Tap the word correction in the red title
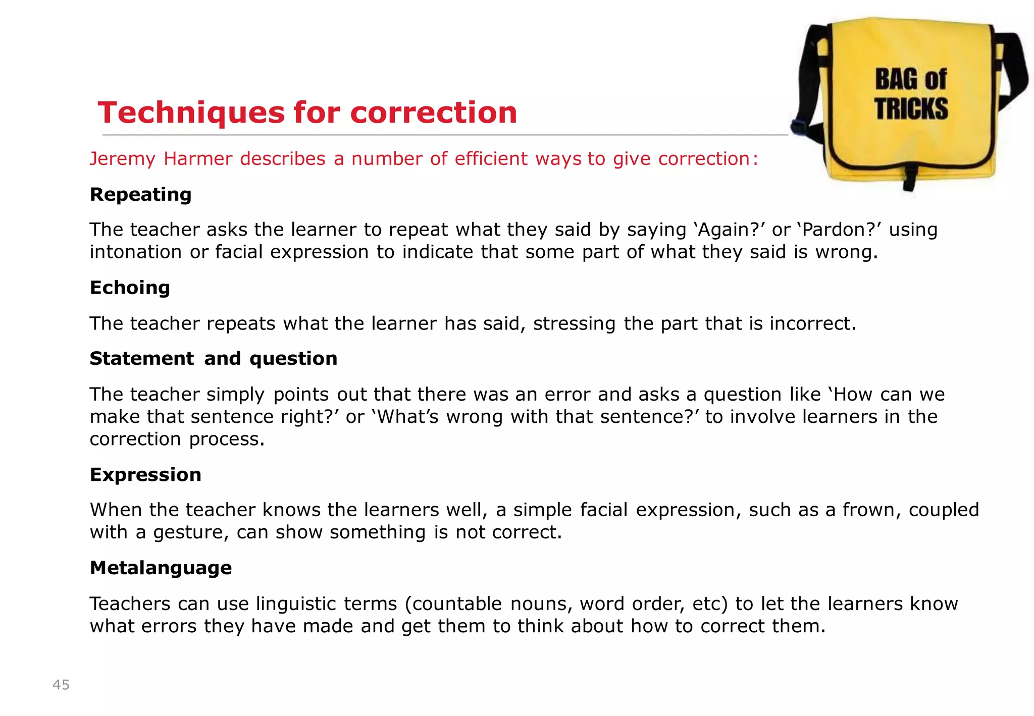(x=434, y=113)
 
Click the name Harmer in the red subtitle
(x=198, y=159)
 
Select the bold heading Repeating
(x=141, y=195)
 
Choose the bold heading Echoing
(x=130, y=288)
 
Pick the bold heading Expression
(x=145, y=475)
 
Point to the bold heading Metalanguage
(x=161, y=568)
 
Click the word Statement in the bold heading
(x=141, y=359)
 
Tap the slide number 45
(x=61, y=685)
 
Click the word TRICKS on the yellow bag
(x=911, y=109)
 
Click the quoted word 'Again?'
(x=733, y=230)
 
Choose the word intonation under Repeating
(x=136, y=252)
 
